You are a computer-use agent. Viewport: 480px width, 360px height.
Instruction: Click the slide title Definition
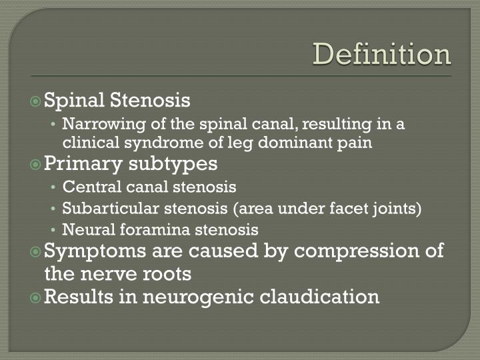click(382, 55)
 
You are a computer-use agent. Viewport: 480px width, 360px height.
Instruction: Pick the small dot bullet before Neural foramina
click(53, 231)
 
